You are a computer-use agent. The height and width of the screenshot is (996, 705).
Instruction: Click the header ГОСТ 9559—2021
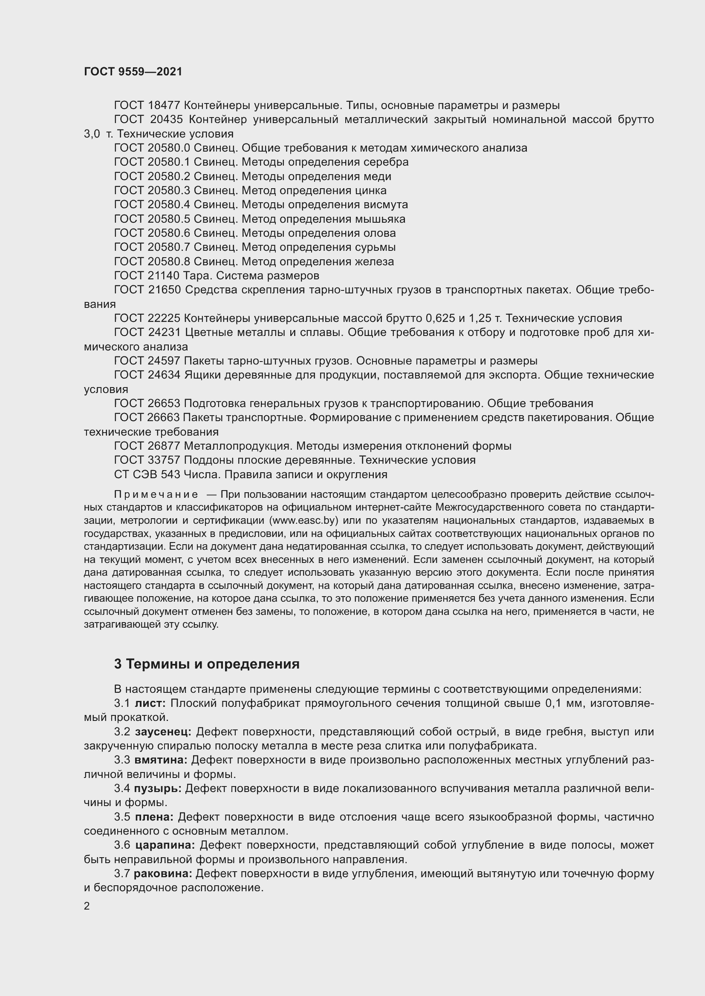point(133,72)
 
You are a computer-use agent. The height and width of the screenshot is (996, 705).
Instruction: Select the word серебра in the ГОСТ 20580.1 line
point(386,162)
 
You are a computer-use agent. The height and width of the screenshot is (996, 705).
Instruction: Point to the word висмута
point(385,205)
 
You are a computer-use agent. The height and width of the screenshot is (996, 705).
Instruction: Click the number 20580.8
point(169,261)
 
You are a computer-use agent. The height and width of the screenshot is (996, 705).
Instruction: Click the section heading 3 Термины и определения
point(207,664)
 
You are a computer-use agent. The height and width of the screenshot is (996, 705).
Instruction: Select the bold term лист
point(150,703)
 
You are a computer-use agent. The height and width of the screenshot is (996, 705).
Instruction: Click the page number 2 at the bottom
point(87,906)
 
